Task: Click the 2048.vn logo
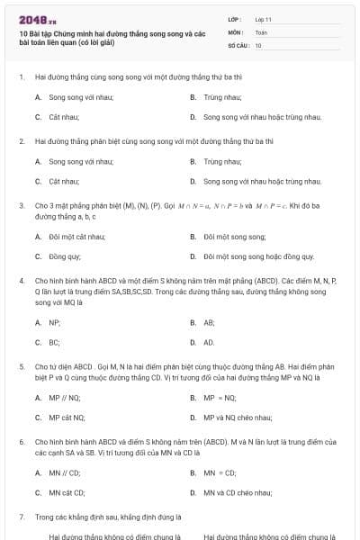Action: click(x=37, y=19)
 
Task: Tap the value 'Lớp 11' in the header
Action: click(x=264, y=18)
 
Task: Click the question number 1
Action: click(x=21, y=77)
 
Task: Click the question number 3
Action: click(x=21, y=205)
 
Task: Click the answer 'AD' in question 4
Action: click(x=209, y=343)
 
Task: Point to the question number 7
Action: click(x=21, y=517)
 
